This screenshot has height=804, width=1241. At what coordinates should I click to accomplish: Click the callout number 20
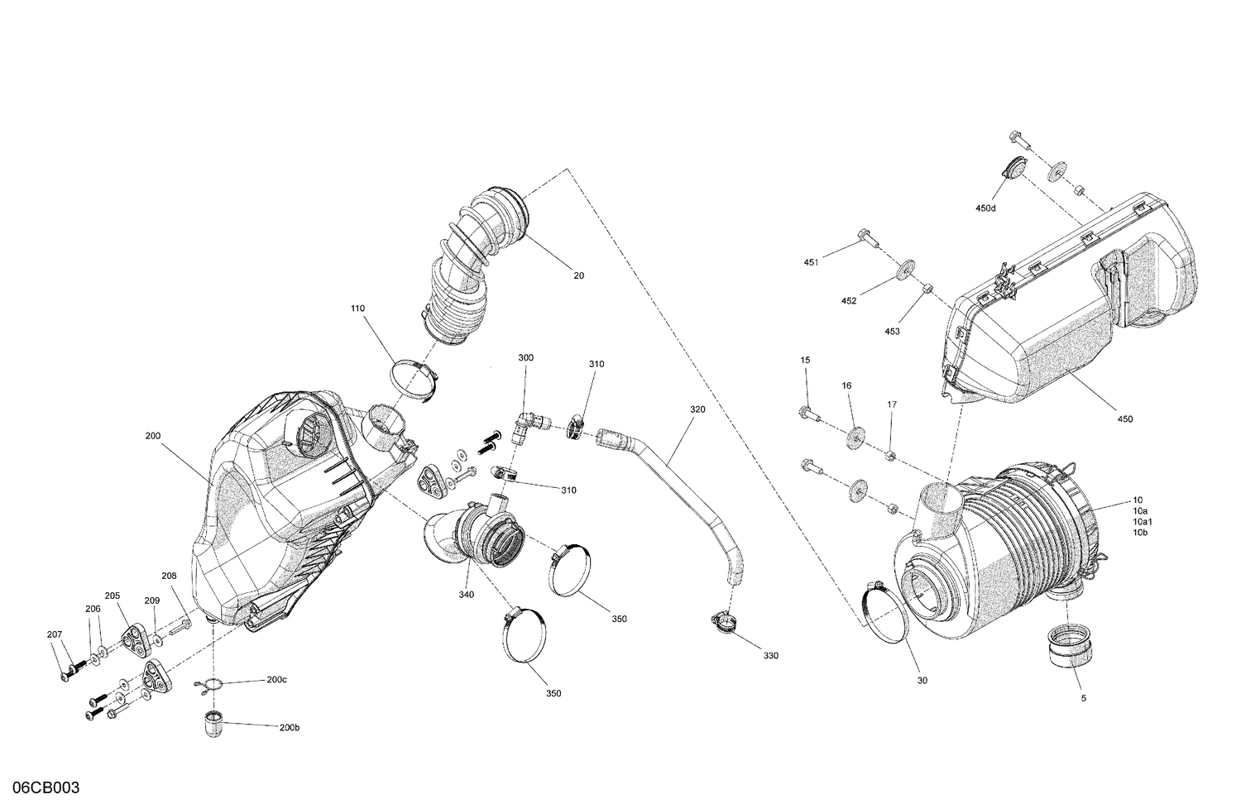pos(578,275)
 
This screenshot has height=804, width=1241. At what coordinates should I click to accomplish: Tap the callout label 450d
pos(985,208)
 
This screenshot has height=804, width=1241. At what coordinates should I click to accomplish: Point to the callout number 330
pos(770,656)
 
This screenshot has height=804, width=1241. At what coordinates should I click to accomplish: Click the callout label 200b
pos(289,728)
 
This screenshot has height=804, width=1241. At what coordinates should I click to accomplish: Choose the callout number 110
pos(357,309)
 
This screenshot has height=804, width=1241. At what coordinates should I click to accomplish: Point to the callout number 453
pos(892,332)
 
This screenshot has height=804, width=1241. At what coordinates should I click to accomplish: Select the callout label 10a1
pos(1144,522)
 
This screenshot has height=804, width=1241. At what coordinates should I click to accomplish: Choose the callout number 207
pos(55,634)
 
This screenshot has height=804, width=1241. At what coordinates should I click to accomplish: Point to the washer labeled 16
pos(855,437)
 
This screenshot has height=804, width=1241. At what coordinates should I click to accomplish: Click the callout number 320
pos(698,409)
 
